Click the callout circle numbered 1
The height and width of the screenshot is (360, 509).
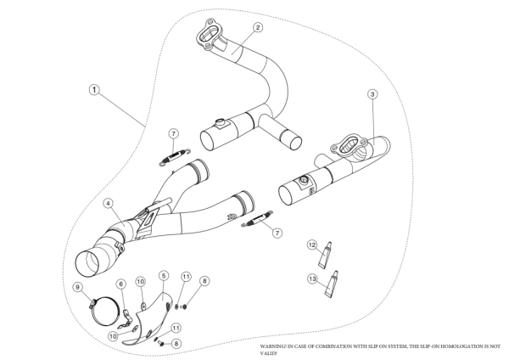coord(94,90)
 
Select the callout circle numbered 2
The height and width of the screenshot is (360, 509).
coord(258,27)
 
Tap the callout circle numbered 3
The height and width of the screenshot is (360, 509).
coord(372,94)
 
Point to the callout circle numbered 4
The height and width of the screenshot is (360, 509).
coord(108,204)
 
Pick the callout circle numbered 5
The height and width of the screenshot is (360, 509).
coord(164,276)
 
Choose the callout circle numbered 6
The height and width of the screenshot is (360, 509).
coord(121,284)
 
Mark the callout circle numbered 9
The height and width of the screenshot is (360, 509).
coord(77,287)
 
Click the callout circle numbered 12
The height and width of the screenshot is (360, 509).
coord(312,245)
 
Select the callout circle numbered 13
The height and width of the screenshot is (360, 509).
coord(312,278)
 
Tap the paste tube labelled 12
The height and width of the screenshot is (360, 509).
coord(326,255)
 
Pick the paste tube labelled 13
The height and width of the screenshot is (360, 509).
coord(331,284)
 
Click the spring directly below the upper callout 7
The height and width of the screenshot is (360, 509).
coord(175,157)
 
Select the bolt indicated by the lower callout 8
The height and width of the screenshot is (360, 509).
coord(160,343)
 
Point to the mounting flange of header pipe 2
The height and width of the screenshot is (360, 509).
coord(207,35)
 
